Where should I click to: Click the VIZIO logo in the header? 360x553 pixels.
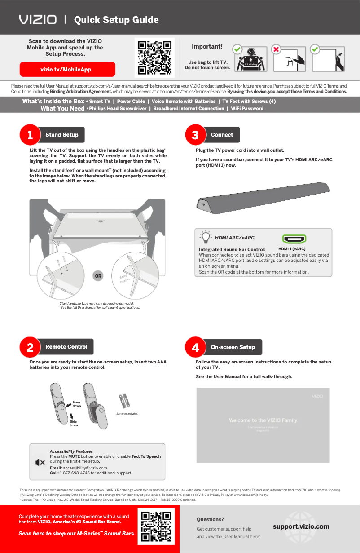tap(38, 20)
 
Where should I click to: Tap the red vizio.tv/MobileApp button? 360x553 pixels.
tap(67, 70)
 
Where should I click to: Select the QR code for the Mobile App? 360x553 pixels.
tap(154, 58)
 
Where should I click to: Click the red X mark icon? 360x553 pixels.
tap(277, 49)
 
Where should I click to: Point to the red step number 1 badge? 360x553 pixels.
tap(30, 135)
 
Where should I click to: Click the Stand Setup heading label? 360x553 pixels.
tap(62, 135)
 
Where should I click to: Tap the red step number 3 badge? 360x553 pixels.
tap(195, 135)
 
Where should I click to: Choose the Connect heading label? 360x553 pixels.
tap(222, 135)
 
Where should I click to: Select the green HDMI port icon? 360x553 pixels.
tap(294, 239)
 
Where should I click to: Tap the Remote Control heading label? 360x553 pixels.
tap(66, 347)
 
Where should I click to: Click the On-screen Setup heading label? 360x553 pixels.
tap(233, 347)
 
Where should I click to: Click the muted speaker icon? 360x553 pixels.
tap(40, 462)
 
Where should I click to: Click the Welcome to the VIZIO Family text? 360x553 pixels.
tap(263, 420)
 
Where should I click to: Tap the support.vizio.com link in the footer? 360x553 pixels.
tap(301, 526)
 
